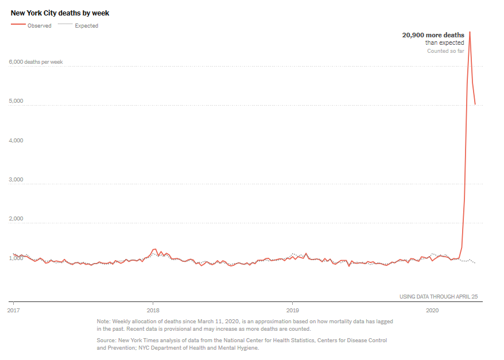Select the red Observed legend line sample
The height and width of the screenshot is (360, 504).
(18, 25)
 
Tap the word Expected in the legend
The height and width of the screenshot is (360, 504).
(86, 26)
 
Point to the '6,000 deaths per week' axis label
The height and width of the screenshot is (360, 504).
(36, 62)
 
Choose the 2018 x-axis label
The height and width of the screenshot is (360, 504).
(153, 309)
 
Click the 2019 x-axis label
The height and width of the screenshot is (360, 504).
(292, 309)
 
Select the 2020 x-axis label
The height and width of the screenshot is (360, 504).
(432, 309)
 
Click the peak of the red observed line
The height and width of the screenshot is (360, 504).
(470, 32)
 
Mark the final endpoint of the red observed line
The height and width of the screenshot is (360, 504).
(475, 104)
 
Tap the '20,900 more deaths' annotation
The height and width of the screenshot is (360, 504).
(433, 35)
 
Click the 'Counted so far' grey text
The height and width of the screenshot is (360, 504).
(445, 51)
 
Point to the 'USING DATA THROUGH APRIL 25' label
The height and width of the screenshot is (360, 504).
(439, 297)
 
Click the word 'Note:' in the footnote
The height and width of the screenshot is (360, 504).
(103, 322)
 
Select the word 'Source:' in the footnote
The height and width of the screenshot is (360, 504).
(106, 340)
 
